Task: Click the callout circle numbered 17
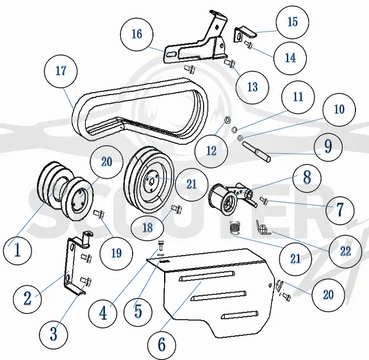click(x=60, y=71)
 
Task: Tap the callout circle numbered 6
click(x=162, y=345)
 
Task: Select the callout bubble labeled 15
click(x=292, y=22)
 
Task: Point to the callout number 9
click(x=328, y=147)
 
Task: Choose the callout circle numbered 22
click(x=345, y=251)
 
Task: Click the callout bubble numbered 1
click(x=17, y=250)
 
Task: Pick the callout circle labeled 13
click(x=252, y=87)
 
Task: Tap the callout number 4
click(x=102, y=314)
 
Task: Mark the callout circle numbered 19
click(x=116, y=254)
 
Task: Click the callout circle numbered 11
click(x=298, y=97)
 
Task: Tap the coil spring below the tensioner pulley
click(x=235, y=228)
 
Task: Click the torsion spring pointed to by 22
click(x=262, y=228)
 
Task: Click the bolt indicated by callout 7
click(x=264, y=200)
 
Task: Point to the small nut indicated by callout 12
click(x=228, y=120)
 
